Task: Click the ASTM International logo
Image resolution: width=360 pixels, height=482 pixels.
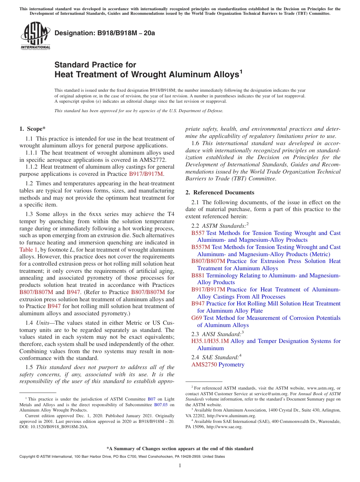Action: click(x=35, y=36)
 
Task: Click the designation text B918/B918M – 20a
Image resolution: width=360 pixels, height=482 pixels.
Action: click(x=105, y=33)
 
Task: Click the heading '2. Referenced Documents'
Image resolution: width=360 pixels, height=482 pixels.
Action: click(x=220, y=192)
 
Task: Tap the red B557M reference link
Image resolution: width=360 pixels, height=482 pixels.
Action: click(x=200, y=247)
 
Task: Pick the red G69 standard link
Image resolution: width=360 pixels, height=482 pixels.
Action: click(x=197, y=318)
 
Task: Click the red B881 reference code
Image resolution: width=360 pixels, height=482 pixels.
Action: click(x=198, y=275)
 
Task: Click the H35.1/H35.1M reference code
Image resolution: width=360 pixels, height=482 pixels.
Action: click(x=210, y=341)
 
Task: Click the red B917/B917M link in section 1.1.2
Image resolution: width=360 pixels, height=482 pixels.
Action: click(x=146, y=174)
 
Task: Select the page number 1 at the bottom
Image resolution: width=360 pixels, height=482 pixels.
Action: click(x=180, y=466)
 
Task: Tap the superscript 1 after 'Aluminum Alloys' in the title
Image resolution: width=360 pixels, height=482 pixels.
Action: click(x=239, y=71)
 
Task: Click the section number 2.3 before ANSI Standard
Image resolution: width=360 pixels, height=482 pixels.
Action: click(x=196, y=334)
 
